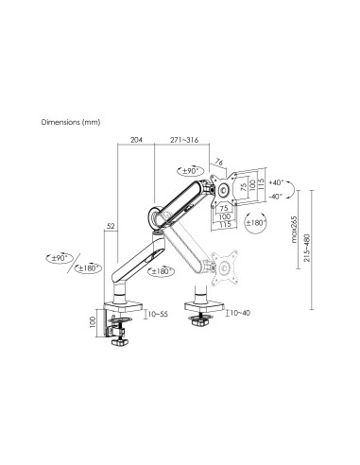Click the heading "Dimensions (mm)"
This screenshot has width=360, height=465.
click(71, 122)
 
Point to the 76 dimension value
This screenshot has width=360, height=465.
click(218, 162)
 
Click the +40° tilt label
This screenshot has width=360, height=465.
click(276, 181)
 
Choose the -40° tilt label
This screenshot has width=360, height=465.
click(276, 197)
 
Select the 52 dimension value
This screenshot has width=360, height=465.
click(111, 226)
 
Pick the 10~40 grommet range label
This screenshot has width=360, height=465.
click(240, 311)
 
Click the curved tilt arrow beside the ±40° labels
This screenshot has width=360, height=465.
click(294, 188)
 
